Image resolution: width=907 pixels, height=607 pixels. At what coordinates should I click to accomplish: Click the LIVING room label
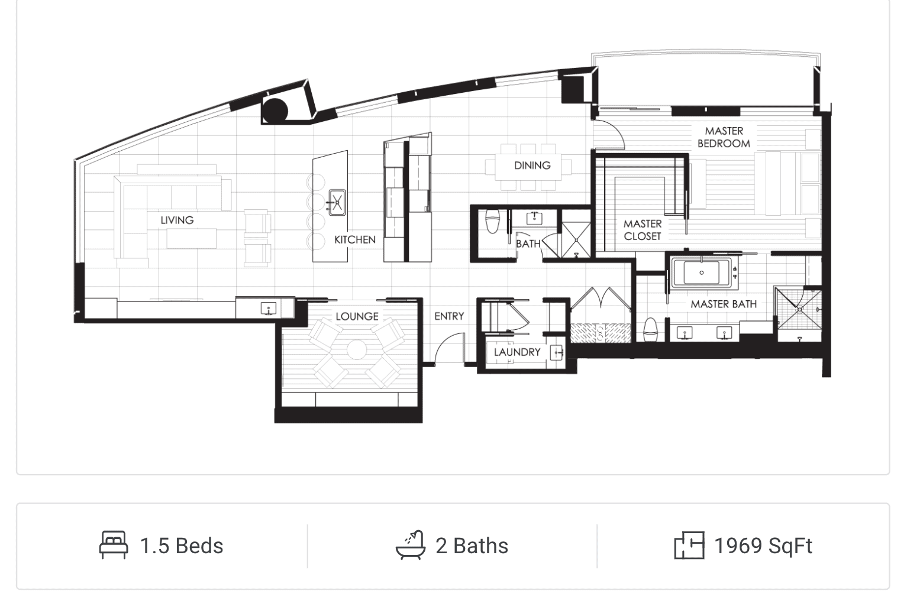click(x=177, y=220)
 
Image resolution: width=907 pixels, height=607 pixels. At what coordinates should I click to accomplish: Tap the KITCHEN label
click(x=355, y=240)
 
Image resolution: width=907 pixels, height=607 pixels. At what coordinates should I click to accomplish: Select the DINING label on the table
click(x=532, y=165)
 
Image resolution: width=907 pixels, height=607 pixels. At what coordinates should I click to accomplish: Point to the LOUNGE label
click(x=357, y=316)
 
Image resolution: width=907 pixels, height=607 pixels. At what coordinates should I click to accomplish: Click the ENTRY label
click(x=450, y=316)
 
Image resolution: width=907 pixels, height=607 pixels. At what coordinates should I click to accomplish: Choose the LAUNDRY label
click(x=517, y=352)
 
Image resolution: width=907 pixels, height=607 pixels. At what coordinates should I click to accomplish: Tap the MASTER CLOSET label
click(x=643, y=230)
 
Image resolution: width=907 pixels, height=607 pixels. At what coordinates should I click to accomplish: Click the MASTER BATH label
click(x=724, y=304)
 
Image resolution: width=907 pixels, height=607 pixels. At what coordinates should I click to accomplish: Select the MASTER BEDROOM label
click(x=724, y=137)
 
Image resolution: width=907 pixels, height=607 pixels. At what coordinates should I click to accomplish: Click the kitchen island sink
click(x=337, y=202)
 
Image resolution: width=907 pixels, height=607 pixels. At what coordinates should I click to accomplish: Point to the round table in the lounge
click(x=357, y=349)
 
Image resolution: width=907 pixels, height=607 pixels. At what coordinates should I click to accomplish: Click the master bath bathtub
click(x=702, y=272)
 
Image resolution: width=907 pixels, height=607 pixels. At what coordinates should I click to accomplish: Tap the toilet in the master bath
click(x=651, y=330)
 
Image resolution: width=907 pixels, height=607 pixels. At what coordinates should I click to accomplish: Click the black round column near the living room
click(x=275, y=110)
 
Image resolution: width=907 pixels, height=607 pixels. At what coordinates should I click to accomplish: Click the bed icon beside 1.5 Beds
click(x=114, y=545)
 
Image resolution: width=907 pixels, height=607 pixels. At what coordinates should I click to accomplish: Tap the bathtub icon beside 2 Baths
click(x=411, y=545)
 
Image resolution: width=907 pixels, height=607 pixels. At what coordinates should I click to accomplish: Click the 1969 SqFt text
click(x=763, y=546)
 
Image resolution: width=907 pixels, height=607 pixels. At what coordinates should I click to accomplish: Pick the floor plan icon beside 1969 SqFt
click(x=689, y=546)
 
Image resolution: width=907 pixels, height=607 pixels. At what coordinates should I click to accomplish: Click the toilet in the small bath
click(x=492, y=222)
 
